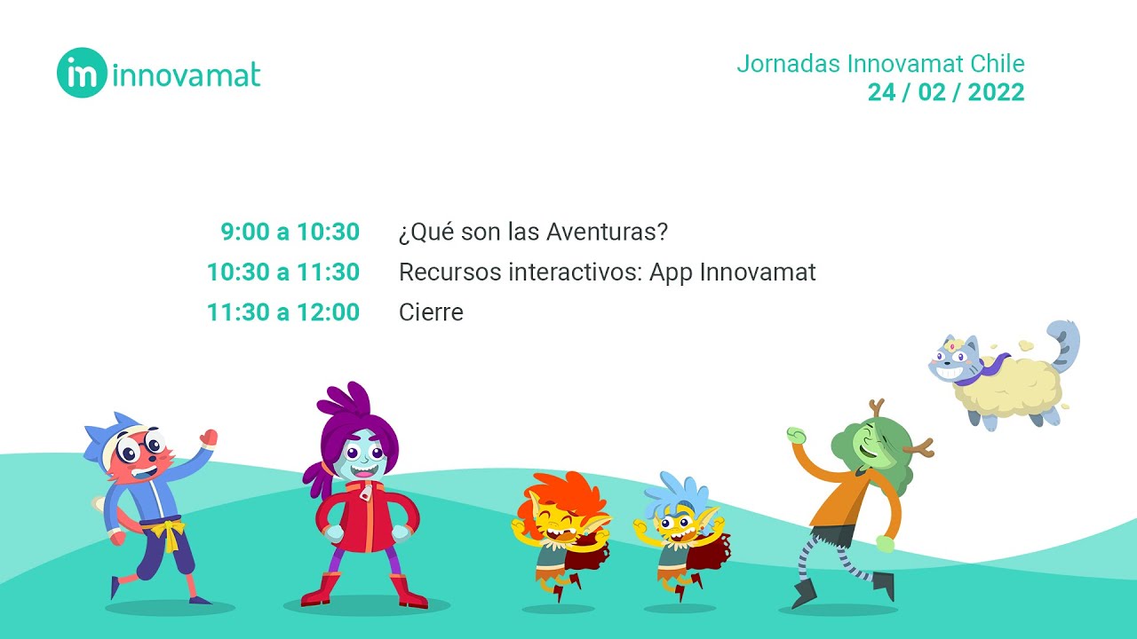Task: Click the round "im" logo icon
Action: tap(82, 73)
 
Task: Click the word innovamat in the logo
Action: tap(187, 75)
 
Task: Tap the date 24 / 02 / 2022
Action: tap(946, 92)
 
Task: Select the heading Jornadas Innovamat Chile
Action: tap(880, 64)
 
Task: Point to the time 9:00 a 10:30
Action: tap(290, 233)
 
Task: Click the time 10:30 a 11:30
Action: tap(283, 272)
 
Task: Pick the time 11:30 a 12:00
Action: tap(283, 312)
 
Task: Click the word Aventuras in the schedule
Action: tap(607, 233)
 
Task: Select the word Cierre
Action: tap(431, 312)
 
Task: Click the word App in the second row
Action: tap(671, 272)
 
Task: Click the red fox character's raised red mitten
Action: tap(209, 437)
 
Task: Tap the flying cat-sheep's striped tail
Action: tap(1066, 342)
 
